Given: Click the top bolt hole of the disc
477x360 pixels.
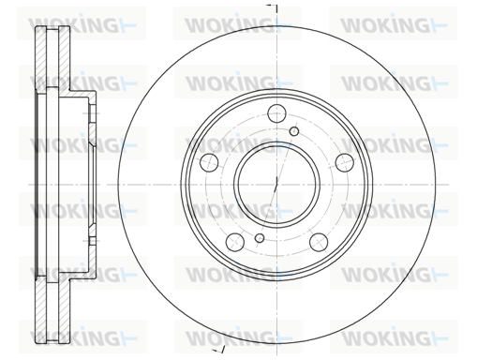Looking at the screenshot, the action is click(x=276, y=113).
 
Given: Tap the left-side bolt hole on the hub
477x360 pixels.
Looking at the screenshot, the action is click(x=209, y=162).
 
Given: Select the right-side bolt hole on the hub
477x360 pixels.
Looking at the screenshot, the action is click(x=345, y=162).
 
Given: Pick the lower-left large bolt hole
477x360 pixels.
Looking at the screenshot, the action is click(x=234, y=242).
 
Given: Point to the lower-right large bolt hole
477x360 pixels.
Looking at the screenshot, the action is click(x=319, y=242).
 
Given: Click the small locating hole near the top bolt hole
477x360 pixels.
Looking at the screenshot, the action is click(x=294, y=131).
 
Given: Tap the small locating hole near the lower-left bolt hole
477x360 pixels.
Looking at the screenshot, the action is click(x=260, y=238).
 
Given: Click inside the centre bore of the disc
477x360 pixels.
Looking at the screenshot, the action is click(x=276, y=185).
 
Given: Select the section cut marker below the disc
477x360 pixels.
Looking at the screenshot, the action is click(x=218, y=350).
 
